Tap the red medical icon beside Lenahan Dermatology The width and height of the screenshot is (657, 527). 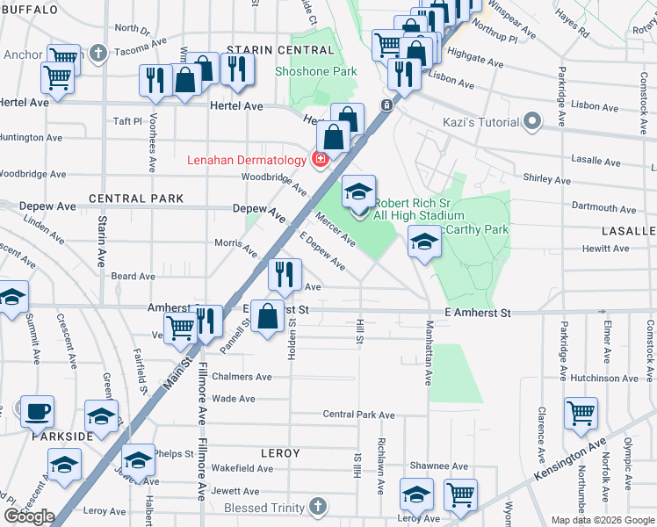pyautogui.click(x=320, y=159)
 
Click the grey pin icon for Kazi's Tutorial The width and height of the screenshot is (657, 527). pyautogui.click(x=531, y=120)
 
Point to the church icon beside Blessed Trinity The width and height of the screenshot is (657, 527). pyautogui.click(x=318, y=508)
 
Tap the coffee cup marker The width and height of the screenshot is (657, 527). pyautogui.click(x=37, y=411)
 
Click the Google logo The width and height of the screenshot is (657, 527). pyautogui.click(x=30, y=516)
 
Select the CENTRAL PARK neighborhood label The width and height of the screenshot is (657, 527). pyautogui.click(x=136, y=199)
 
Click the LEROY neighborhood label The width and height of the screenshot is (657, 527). pyautogui.click(x=280, y=453)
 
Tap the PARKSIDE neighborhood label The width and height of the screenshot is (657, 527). pyautogui.click(x=62, y=437)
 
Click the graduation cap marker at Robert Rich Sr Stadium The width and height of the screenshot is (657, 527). pyautogui.click(x=358, y=193)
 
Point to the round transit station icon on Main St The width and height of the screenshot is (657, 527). pyautogui.click(x=386, y=105)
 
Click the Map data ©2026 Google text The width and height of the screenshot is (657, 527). pyautogui.click(x=603, y=520)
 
